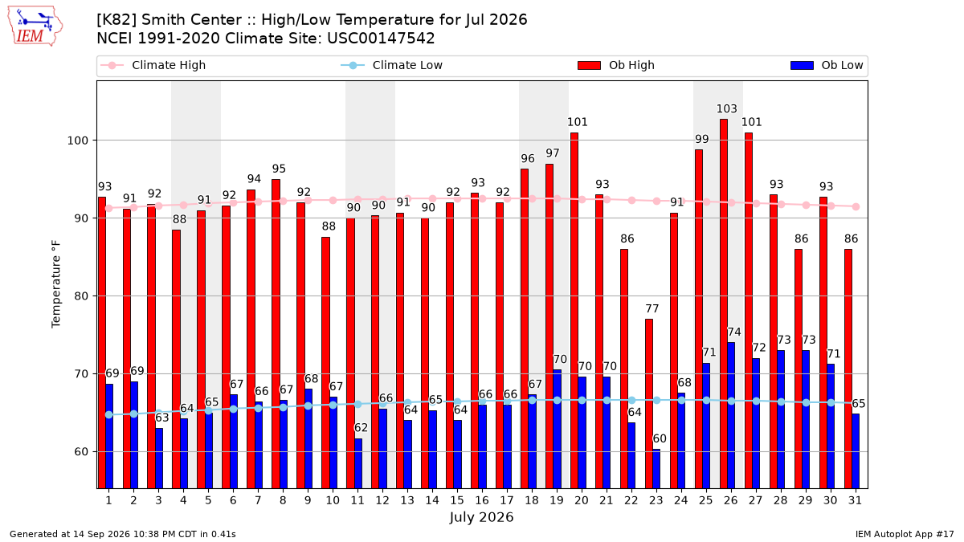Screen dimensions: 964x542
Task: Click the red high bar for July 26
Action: pyautogui.click(x=724, y=304)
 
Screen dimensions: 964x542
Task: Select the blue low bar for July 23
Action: pyautogui.click(x=656, y=469)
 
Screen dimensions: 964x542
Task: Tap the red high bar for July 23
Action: pyautogui.click(x=649, y=403)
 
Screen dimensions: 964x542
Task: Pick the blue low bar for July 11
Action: pyautogui.click(x=358, y=463)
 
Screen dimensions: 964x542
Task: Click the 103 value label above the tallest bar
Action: pyautogui.click(x=726, y=109)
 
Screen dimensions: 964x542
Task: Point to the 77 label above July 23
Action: pyautogui.click(x=652, y=309)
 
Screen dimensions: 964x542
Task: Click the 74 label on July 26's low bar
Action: pyautogui.click(x=734, y=332)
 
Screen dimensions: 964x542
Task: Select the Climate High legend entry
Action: pyautogui.click(x=153, y=65)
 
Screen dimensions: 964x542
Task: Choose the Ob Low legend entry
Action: pyautogui.click(x=827, y=65)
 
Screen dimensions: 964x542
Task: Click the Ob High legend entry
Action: pyautogui.click(x=616, y=65)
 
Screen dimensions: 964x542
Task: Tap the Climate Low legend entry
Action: pyautogui.click(x=392, y=65)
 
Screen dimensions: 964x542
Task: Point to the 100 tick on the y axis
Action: pyautogui.click(x=77, y=141)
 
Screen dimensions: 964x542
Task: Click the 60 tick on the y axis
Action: pyautogui.click(x=81, y=452)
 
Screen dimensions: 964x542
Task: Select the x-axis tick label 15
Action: pyautogui.click(x=457, y=501)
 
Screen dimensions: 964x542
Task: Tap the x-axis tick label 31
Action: pyautogui.click(x=855, y=501)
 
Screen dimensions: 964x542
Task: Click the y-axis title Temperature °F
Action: pyautogui.click(x=56, y=284)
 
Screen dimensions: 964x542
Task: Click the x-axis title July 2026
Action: pyautogui.click(x=481, y=517)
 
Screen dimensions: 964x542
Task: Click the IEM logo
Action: pyautogui.click(x=35, y=26)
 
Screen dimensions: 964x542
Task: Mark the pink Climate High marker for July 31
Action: pyautogui.click(x=856, y=207)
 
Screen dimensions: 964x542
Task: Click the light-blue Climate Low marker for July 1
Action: pyautogui.click(x=109, y=414)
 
